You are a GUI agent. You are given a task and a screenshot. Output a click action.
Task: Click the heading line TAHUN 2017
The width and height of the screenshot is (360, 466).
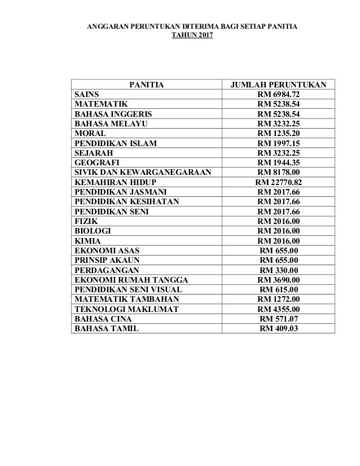[188, 37]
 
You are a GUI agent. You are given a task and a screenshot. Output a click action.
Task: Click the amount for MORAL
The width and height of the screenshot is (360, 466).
[279, 133]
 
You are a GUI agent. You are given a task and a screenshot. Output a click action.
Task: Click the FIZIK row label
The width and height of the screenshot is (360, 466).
[85, 221]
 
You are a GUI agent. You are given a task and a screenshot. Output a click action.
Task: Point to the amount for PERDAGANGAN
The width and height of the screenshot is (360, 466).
[279, 270]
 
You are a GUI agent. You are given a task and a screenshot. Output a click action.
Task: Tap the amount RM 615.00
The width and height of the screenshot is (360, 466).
[279, 289]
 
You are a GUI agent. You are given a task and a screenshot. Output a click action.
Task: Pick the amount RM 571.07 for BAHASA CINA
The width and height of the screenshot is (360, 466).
[279, 319]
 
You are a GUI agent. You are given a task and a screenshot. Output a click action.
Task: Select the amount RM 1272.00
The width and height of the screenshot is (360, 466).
[279, 299]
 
